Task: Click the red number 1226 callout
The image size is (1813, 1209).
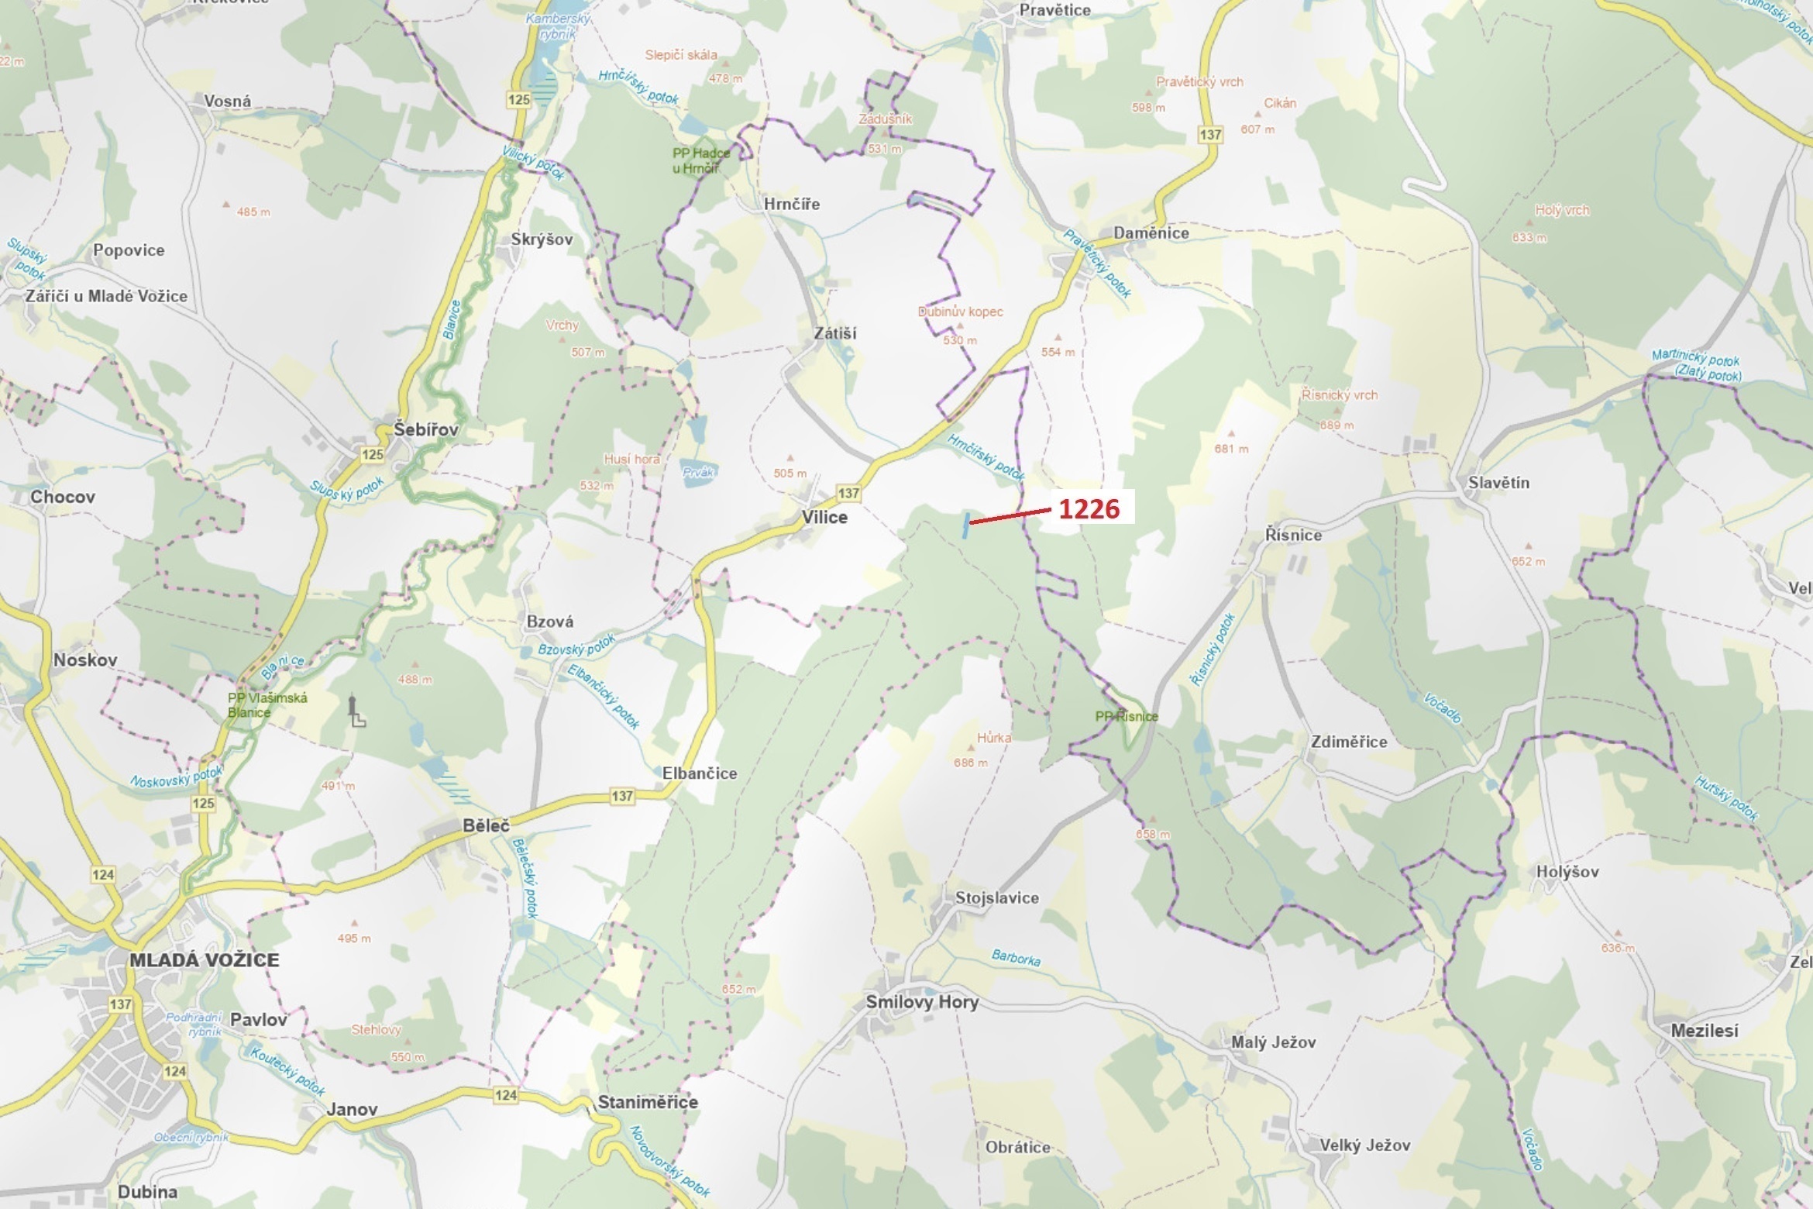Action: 1089,508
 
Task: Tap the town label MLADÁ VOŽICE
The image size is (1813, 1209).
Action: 204,959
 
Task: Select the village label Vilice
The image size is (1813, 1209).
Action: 824,517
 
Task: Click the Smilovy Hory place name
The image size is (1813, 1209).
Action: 922,1002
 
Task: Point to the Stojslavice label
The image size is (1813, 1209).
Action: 996,897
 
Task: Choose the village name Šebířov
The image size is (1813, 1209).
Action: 425,429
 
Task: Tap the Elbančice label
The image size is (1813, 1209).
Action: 700,773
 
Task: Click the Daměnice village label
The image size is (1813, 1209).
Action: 1151,232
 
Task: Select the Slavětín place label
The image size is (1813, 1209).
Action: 1498,483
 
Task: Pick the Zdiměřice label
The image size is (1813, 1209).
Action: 1349,741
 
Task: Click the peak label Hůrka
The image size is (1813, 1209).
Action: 994,738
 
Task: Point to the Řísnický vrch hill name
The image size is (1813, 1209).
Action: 1340,394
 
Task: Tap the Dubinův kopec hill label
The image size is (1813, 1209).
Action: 960,312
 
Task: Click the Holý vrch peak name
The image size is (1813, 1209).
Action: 1562,210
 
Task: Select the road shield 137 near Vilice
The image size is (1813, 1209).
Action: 848,493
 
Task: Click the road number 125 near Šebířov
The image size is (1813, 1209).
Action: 373,455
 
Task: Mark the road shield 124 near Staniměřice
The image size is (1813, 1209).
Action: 506,1095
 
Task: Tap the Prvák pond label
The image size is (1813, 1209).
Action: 698,472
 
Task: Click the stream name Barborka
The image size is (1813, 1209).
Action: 1016,958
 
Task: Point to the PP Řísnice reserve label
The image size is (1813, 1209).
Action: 1127,716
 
